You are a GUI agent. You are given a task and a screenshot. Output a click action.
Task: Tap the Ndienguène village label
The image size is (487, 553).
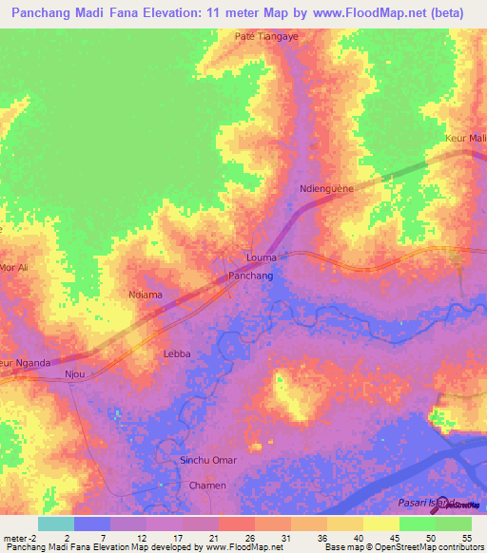click(x=326, y=188)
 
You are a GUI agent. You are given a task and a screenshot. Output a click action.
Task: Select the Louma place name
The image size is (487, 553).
click(x=262, y=257)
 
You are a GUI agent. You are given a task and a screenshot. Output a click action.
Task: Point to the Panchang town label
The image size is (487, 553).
click(x=251, y=276)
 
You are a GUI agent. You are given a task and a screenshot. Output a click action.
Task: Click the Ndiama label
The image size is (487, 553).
click(x=146, y=295)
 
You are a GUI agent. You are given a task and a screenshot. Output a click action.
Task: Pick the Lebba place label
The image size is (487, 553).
click(x=177, y=353)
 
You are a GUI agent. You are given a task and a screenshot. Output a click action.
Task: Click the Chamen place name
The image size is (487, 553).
click(x=207, y=486)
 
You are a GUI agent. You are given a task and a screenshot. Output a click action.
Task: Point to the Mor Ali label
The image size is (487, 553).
click(x=16, y=268)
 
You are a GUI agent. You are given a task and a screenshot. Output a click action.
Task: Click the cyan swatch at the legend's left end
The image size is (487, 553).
click(x=55, y=524)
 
